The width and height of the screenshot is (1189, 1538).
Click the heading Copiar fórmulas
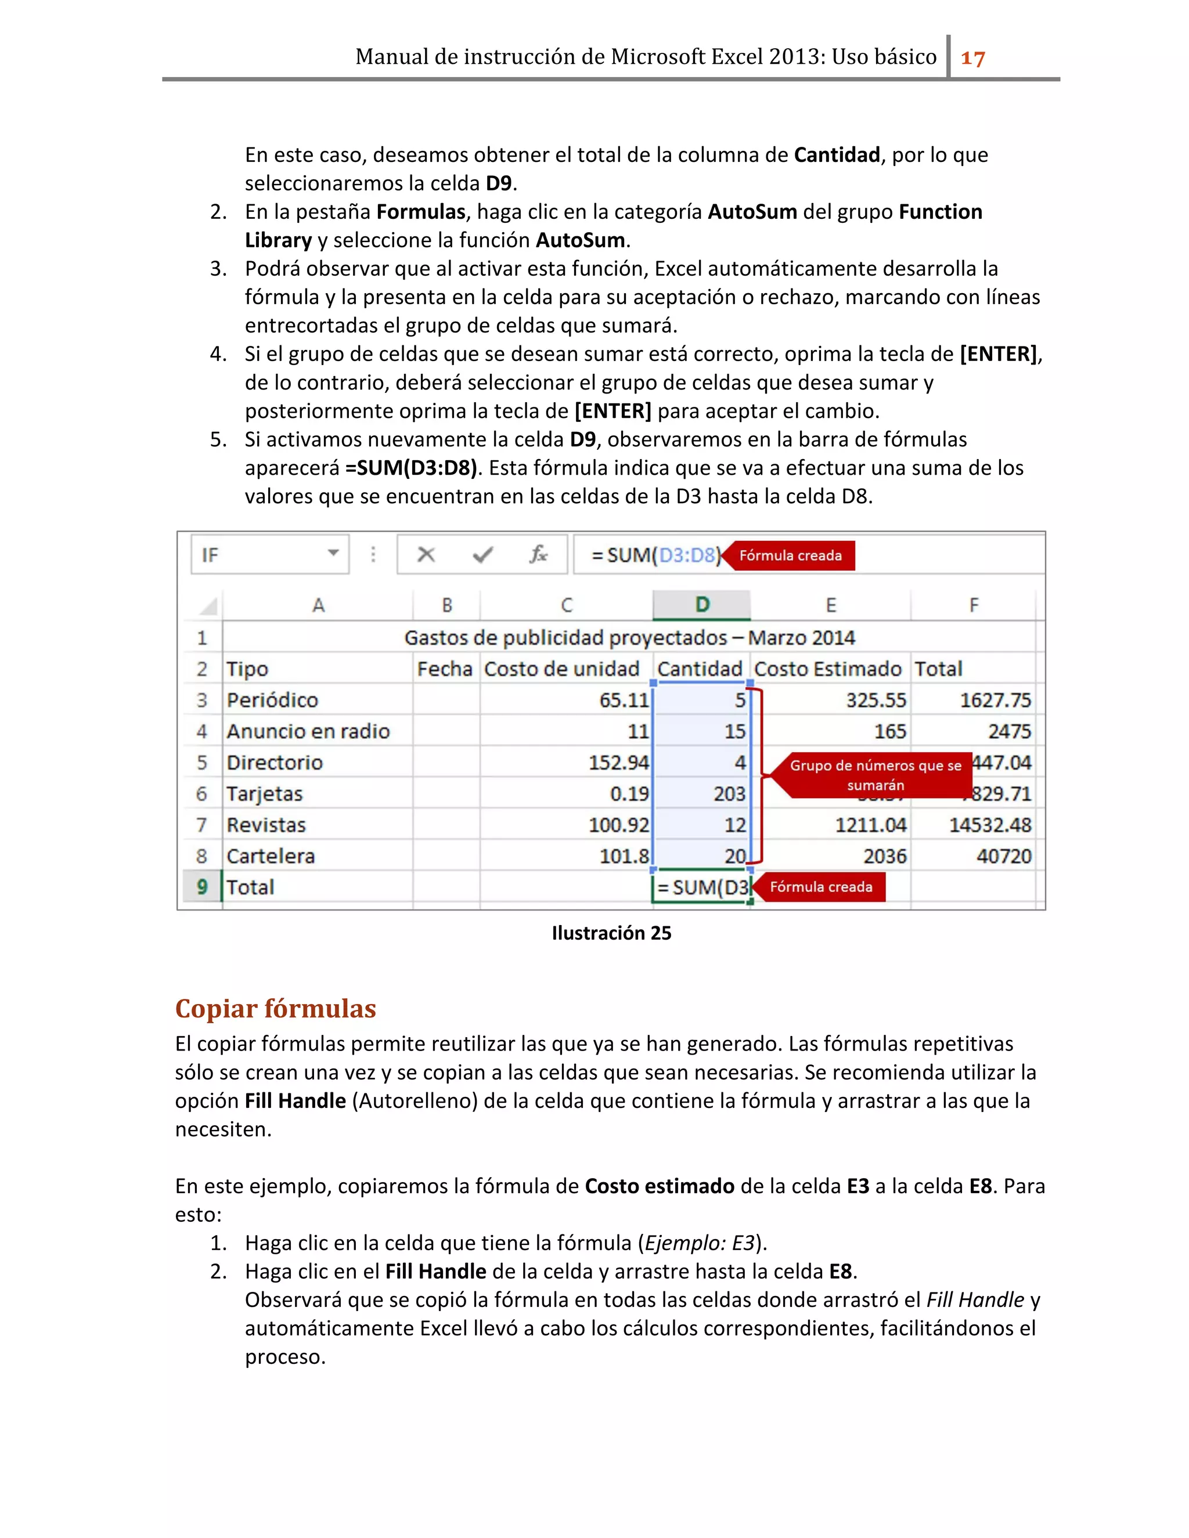[x=275, y=1009]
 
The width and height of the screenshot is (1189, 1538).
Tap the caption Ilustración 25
[x=611, y=933]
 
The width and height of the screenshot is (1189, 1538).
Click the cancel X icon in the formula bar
[x=426, y=555]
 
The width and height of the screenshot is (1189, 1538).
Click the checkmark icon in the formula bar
[x=482, y=555]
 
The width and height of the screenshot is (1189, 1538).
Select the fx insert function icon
[x=538, y=555]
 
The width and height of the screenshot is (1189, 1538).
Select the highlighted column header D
[x=701, y=605]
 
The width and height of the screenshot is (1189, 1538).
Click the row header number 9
[x=202, y=887]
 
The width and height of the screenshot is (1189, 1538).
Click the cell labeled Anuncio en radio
[x=308, y=732]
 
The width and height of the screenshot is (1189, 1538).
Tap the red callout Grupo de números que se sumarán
[x=874, y=775]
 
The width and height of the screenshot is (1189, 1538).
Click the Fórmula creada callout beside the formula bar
[x=790, y=555]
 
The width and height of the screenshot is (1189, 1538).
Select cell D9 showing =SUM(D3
[x=701, y=887]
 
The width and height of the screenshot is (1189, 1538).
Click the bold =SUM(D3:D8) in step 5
[x=410, y=468]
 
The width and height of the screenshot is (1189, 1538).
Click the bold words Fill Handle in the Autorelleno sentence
[x=295, y=1100]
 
